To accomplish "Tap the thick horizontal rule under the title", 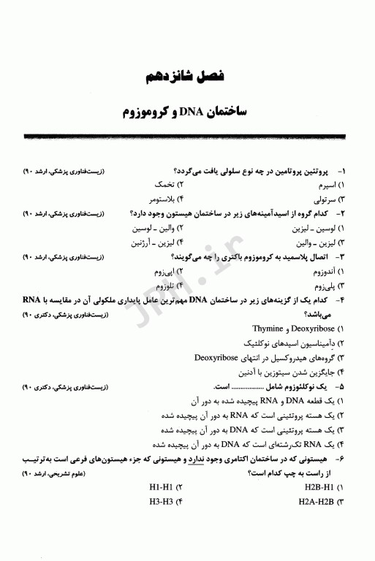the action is tap(187, 137).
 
